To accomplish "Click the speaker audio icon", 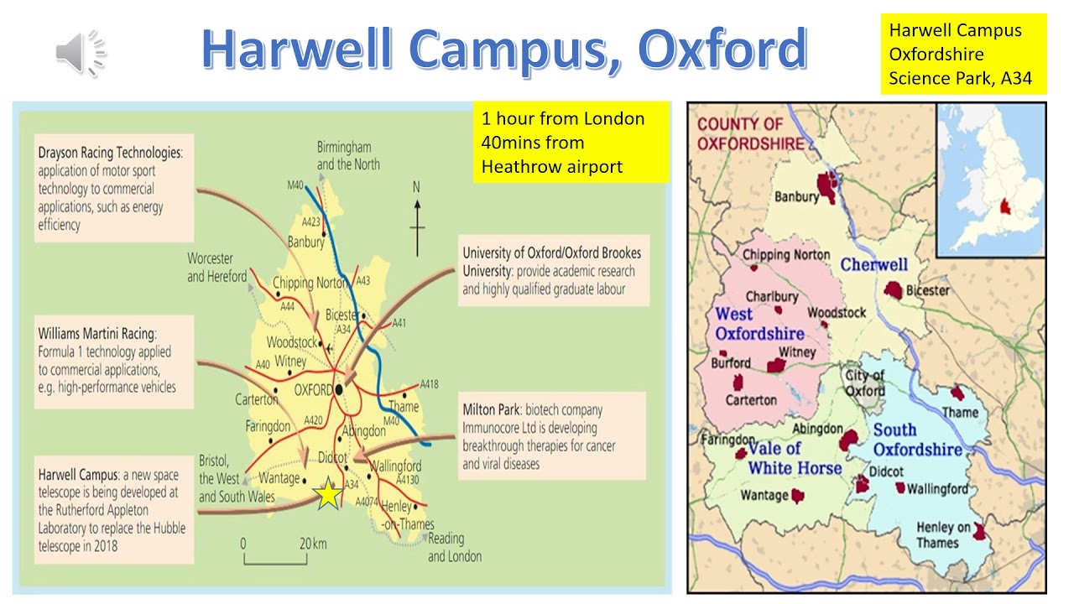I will point(81,52).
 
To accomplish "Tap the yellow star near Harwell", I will point(328,495).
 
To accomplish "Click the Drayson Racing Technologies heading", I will point(109,154).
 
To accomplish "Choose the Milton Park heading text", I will point(492,410).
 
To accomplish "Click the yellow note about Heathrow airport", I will point(571,143).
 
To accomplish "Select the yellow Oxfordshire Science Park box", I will point(962,55).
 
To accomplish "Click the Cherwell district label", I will point(873,265).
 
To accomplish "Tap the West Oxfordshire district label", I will point(759,324).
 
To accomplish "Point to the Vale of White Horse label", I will point(794,458).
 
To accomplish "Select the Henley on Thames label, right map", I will point(943,534).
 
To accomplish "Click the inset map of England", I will point(990,180).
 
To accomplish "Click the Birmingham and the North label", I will point(347,156).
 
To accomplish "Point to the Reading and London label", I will point(455,547).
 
